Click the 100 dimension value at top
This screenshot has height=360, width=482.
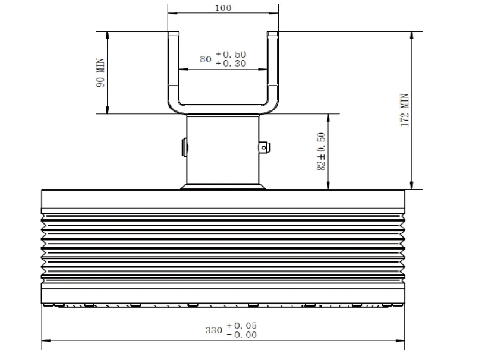pyautogui.click(x=223, y=8)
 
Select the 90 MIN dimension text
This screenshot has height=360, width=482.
pyautogui.click(x=100, y=73)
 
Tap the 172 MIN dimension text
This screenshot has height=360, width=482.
pyautogui.click(x=405, y=110)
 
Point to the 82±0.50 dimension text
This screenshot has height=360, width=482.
pyautogui.click(x=321, y=151)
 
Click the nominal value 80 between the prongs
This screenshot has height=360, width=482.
pyautogui.click(x=206, y=59)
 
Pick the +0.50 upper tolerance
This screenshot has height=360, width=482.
pyautogui.click(x=231, y=55)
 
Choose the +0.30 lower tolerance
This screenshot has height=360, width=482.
pyautogui.click(x=231, y=64)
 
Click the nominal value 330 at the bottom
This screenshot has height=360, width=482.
pyautogui.click(x=213, y=330)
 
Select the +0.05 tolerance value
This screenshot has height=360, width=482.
pyautogui.click(x=242, y=326)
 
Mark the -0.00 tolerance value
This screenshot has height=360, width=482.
pyautogui.click(x=242, y=334)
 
